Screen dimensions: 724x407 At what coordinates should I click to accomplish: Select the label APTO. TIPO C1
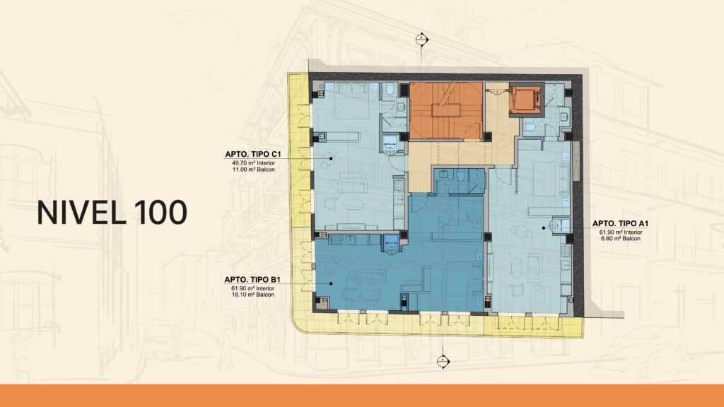pyautogui.click(x=253, y=154)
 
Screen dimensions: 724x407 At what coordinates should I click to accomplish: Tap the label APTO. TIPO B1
pyautogui.click(x=252, y=280)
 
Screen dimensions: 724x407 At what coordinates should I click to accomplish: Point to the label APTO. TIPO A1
pyautogui.click(x=621, y=224)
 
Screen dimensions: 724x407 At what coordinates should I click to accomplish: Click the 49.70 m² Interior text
pyautogui.click(x=253, y=163)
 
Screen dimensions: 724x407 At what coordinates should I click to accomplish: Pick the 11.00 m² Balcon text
pyautogui.click(x=253, y=170)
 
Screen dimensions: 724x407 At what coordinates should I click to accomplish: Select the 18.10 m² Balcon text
pyautogui.click(x=252, y=295)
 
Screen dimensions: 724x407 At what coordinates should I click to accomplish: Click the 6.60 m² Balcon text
pyautogui.click(x=621, y=239)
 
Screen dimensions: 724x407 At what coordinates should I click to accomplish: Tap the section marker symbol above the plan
pyautogui.click(x=421, y=40)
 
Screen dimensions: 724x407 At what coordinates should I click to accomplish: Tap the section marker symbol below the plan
pyautogui.click(x=443, y=360)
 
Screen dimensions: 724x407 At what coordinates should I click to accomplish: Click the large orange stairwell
pyautogui.click(x=446, y=111)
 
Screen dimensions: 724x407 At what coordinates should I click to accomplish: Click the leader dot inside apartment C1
pyautogui.click(x=331, y=158)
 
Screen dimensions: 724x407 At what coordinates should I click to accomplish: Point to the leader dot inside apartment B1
pyautogui.click(x=331, y=284)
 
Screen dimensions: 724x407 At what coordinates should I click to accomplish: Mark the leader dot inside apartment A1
pyautogui.click(x=544, y=228)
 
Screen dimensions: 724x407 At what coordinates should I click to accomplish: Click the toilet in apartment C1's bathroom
pyautogui.click(x=390, y=88)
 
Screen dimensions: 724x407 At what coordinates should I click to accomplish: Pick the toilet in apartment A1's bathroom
pyautogui.click(x=529, y=127)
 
